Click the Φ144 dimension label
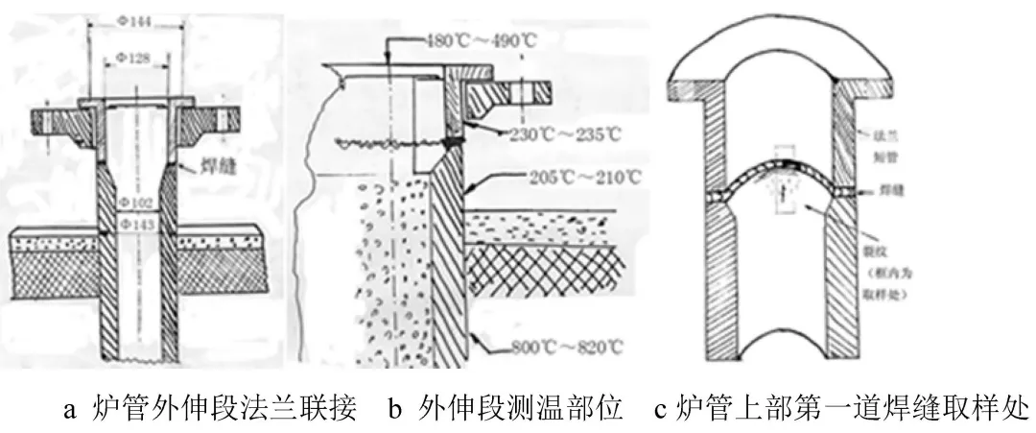pos(136,18)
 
